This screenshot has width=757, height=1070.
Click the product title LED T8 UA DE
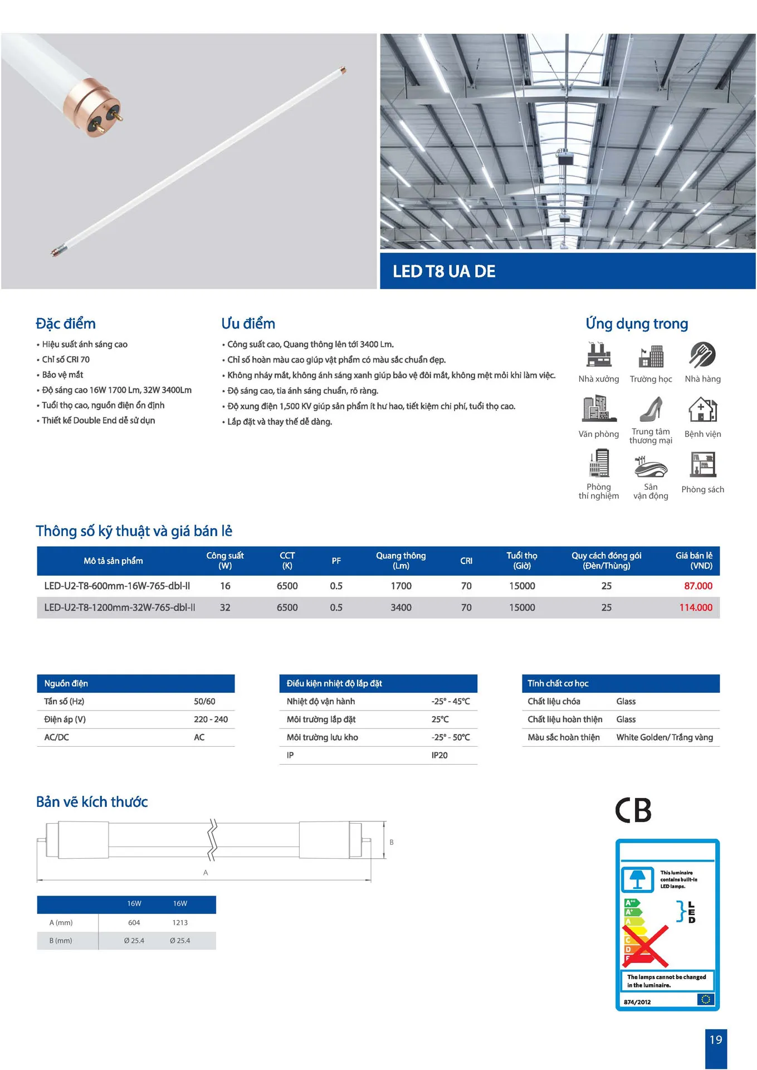444,271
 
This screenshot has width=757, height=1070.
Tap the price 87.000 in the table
698,586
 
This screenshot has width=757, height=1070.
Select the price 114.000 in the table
696,607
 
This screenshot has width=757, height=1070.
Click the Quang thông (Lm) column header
401,561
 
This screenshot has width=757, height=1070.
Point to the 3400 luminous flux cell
401,607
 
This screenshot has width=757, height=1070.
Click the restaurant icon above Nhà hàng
702,355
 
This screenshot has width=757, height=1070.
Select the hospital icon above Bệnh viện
702,410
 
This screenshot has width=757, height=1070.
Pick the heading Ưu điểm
248,324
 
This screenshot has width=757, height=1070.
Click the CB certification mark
633,810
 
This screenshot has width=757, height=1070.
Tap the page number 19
715,1039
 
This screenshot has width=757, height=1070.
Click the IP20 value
439,755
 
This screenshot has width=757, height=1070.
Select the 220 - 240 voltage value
211,719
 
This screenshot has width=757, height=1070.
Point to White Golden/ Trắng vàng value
665,737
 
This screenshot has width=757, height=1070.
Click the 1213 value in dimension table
180,922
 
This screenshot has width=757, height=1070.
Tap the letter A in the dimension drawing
206,873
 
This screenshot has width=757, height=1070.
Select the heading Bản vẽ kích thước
92,802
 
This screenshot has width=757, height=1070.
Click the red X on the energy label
646,946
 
